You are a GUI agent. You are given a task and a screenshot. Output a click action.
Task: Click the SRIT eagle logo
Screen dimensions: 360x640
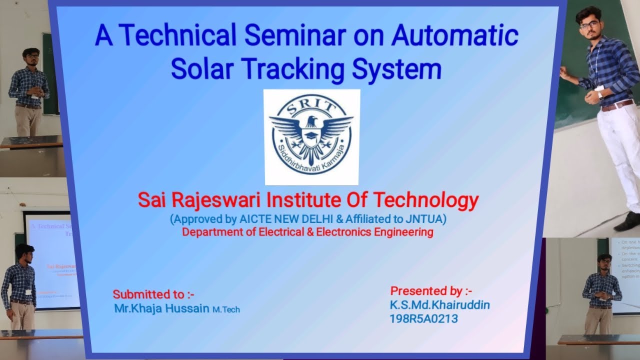coord(311,137)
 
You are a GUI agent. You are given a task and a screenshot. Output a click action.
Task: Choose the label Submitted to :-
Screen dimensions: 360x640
coord(153,294)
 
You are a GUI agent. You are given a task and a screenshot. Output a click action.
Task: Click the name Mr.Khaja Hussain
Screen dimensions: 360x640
coord(161,308)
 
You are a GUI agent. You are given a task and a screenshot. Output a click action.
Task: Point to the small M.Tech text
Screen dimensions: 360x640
coord(226,309)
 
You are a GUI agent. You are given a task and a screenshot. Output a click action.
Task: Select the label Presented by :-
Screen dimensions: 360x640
coord(431,290)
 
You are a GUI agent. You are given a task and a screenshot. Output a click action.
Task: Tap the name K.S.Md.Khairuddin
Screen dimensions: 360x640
coord(439,304)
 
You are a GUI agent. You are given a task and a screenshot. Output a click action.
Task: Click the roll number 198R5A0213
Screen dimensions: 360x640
coord(423,318)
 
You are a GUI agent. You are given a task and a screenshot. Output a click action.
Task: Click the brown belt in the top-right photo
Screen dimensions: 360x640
coord(617,105)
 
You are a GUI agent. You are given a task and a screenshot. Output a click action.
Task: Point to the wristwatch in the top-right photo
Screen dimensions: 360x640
coord(600,95)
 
